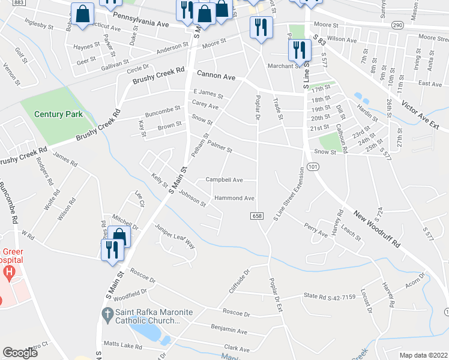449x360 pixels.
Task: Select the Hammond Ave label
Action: pos(234,198)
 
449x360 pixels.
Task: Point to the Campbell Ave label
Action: pos(224,179)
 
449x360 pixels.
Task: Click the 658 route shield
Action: pos(258,215)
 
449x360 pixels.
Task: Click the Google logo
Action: pos(20,353)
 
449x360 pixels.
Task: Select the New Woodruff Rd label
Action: pos(377,229)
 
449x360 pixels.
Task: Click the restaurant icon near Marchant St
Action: pos(299,50)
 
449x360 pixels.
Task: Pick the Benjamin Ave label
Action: pos(229,329)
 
